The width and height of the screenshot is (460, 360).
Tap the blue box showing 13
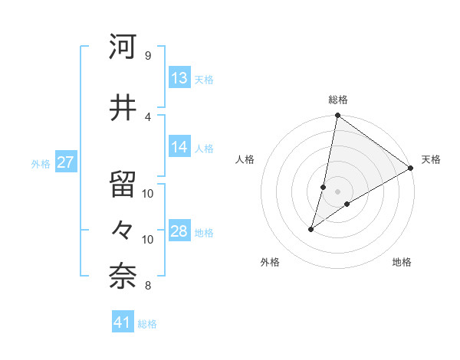(179, 78)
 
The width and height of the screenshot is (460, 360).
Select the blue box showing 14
(179, 147)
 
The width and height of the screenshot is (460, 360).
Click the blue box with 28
(179, 231)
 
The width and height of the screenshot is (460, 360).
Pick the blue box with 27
(66, 162)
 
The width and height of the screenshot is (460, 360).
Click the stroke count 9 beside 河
(147, 55)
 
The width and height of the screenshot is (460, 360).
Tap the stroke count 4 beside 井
(147, 116)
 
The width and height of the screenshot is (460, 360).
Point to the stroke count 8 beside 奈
(147, 286)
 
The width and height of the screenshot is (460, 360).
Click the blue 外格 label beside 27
(41, 163)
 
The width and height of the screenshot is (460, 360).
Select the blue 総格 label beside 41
(147, 324)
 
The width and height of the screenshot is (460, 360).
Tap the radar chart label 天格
(431, 159)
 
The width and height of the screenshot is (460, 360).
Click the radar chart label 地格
(402, 262)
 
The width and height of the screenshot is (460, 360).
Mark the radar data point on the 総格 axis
(337, 116)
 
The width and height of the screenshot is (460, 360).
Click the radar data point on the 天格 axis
(410, 168)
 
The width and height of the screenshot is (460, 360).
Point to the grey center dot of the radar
(337, 191)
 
